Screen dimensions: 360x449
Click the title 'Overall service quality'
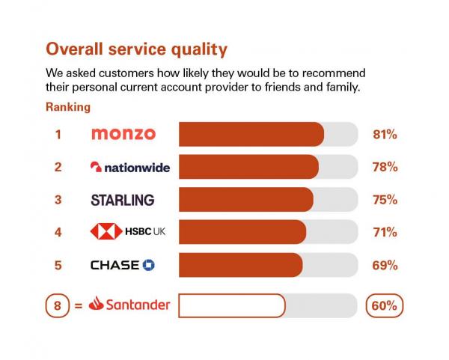pyautogui.click(x=136, y=49)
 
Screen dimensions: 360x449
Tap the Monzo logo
pyautogui.click(x=123, y=134)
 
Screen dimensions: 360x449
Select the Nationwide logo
pyautogui.click(x=129, y=167)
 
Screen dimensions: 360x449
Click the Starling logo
pyautogui.click(x=122, y=200)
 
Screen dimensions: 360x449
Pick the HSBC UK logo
pyautogui.click(x=127, y=232)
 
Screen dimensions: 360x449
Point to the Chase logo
pyautogui.click(x=122, y=265)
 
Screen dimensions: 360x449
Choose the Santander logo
pyautogui.click(x=129, y=305)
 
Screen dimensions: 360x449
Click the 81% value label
pyautogui.click(x=385, y=134)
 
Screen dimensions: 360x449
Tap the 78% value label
pyautogui.click(x=385, y=167)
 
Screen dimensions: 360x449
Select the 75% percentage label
pyautogui.click(x=385, y=200)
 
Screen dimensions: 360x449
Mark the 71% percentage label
pyautogui.click(x=385, y=232)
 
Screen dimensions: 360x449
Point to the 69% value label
pyautogui.click(x=385, y=265)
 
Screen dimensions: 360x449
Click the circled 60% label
pyautogui.click(x=385, y=305)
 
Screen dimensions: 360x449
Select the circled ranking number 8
pyautogui.click(x=57, y=305)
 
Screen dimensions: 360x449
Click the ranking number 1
pyautogui.click(x=58, y=134)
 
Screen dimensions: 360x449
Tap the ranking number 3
pyautogui.click(x=58, y=200)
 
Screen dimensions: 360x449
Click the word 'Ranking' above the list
pyautogui.click(x=68, y=107)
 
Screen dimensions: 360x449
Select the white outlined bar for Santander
pyautogui.click(x=232, y=305)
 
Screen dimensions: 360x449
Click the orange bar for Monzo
pyautogui.click(x=251, y=134)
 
